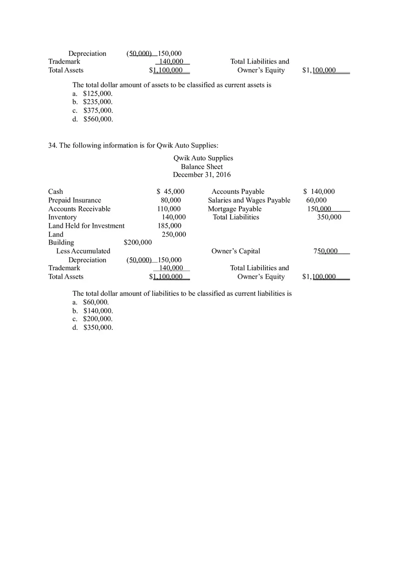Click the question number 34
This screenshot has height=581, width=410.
(53, 145)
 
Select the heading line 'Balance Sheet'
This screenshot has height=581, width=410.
(202, 166)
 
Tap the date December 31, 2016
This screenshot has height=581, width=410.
(202, 175)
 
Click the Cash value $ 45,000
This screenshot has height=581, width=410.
(171, 191)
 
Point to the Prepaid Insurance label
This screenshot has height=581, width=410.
(75, 200)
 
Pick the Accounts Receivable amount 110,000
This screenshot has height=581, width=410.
(169, 209)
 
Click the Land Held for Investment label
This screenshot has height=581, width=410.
(86, 226)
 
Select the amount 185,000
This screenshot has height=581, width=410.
(169, 226)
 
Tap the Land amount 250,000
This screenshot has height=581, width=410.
(173, 234)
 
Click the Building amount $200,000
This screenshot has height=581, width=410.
(138, 242)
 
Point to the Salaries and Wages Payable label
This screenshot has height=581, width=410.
(249, 200)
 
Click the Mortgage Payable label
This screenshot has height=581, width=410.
(234, 209)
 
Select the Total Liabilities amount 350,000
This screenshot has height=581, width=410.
(329, 217)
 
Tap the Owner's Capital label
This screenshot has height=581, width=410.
(236, 251)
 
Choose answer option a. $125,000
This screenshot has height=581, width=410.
(93, 93)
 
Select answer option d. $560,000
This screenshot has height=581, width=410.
(93, 119)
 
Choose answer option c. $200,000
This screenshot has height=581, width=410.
(93, 319)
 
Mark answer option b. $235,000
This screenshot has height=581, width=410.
(93, 102)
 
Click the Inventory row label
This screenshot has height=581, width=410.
(62, 217)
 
